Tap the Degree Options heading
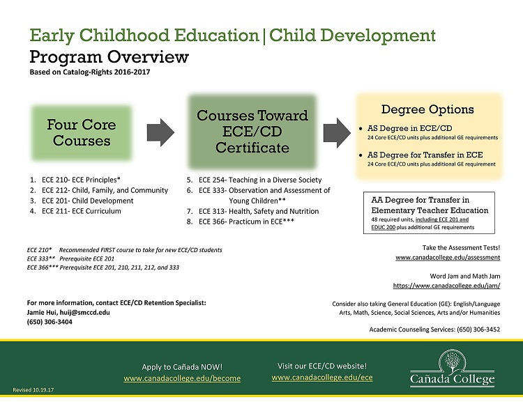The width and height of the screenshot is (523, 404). pos(427,109)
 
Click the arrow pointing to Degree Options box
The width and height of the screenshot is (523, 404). pos(338,132)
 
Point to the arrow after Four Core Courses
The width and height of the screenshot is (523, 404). pos(161,132)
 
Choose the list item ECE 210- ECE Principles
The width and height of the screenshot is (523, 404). pos(81,180)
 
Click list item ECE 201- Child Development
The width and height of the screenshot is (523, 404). pos(87,201)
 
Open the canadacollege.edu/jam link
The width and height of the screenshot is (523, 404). pos(447,286)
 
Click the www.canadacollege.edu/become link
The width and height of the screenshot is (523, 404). pos(182,378)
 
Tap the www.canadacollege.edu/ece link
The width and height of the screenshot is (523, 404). pos(322,378)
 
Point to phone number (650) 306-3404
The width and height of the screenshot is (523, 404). pos(50,322)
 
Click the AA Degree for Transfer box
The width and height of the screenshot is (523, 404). pos(429,212)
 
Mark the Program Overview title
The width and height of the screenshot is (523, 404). pos(109,56)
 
